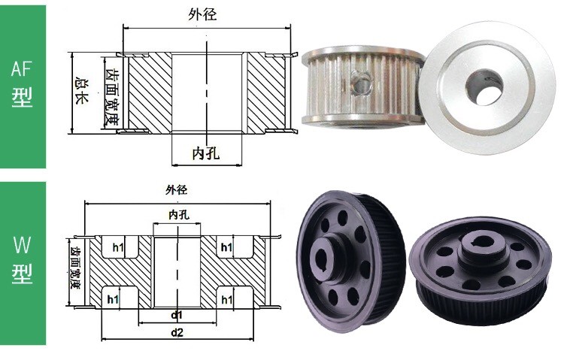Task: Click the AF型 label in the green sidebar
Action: click(22, 83)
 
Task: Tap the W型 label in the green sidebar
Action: click(22, 259)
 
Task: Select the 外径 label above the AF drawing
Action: click(202, 14)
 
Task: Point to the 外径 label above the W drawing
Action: click(176, 190)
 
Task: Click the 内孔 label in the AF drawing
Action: click(206, 153)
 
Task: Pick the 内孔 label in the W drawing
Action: click(179, 215)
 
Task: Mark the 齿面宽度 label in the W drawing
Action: click(75, 268)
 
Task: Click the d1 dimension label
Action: click(177, 316)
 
